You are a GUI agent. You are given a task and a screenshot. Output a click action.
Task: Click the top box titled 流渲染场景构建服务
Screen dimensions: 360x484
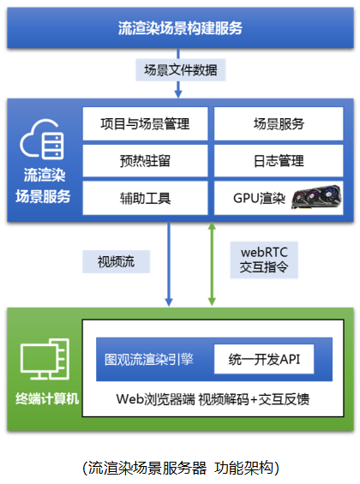180,27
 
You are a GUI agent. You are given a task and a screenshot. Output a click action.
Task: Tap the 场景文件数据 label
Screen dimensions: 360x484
181,70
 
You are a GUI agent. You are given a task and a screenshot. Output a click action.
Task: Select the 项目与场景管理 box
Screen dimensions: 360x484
145,123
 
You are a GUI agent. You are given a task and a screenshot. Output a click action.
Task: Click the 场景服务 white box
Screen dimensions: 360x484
279,123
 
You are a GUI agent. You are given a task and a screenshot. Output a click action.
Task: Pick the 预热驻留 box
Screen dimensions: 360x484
145,161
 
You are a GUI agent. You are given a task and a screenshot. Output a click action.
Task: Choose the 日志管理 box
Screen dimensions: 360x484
279,161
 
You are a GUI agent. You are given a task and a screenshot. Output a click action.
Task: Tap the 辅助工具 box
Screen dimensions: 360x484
145,198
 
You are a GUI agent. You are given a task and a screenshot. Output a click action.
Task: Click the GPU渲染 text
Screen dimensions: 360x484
259,198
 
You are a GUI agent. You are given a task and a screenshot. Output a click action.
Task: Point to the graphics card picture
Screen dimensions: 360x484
316,197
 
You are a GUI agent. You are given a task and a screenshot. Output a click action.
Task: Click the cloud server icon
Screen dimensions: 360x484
42,140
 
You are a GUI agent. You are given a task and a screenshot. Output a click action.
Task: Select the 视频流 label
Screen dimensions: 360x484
116,262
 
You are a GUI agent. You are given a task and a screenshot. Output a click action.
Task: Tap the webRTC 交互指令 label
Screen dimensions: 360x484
264,260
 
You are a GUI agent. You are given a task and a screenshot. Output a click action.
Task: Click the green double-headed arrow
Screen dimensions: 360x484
212,264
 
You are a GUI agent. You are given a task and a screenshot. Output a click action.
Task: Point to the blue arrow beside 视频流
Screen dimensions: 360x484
169,264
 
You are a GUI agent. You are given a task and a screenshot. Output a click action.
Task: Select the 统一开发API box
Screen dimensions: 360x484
264,359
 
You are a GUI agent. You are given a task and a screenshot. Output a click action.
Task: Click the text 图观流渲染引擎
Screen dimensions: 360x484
149,359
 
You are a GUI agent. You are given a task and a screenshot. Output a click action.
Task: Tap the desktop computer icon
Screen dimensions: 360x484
45,359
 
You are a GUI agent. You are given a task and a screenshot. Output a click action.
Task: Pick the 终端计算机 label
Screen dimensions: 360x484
47,399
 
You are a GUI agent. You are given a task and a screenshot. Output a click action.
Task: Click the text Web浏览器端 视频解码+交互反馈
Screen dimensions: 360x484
213,399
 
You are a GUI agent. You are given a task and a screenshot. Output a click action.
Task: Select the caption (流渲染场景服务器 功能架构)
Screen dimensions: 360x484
181,468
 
